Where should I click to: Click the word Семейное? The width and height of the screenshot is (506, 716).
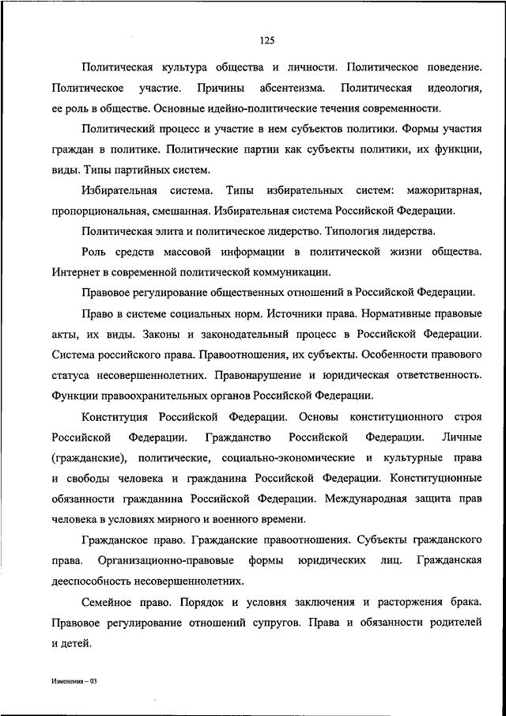click(108, 602)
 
